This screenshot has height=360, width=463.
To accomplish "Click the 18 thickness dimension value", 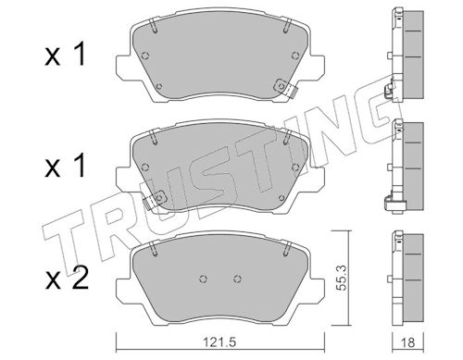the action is click(407, 342).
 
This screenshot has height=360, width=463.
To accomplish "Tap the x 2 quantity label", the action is click(67, 278).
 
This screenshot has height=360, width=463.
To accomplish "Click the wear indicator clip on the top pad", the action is click(285, 87).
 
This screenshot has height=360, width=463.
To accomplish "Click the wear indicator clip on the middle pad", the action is click(155, 199).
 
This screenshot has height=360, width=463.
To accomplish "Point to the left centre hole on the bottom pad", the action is click(203, 279).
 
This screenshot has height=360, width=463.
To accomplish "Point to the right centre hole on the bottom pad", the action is click(237, 279).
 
